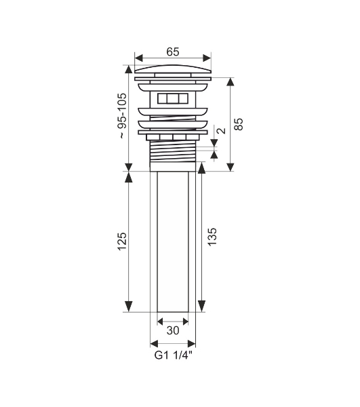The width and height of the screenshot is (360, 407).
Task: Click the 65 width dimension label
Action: click(173, 52)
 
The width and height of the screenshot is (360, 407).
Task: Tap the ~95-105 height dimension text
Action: click(123, 116)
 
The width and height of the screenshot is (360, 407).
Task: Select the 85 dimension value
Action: click(239, 124)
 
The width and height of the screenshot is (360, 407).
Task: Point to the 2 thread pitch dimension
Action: click(222, 130)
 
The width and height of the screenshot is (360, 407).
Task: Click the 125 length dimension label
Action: click(122, 241)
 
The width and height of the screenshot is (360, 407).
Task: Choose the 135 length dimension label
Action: click(212, 237)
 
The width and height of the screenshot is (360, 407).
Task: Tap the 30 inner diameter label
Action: click(173, 330)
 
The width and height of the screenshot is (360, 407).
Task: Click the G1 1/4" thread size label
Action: click(174, 355)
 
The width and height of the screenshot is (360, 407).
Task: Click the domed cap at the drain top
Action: click(173, 69)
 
